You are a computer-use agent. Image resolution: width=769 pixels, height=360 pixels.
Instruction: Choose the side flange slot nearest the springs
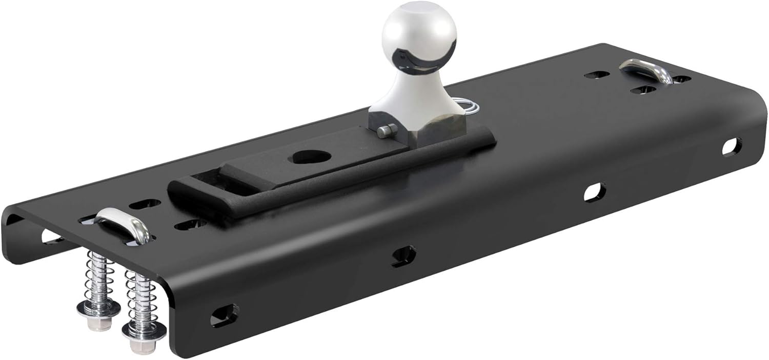coord(224,314)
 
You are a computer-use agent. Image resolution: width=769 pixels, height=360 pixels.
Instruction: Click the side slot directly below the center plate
coord(403,255)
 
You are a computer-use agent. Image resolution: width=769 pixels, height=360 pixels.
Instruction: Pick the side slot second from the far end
coord(594,192)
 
